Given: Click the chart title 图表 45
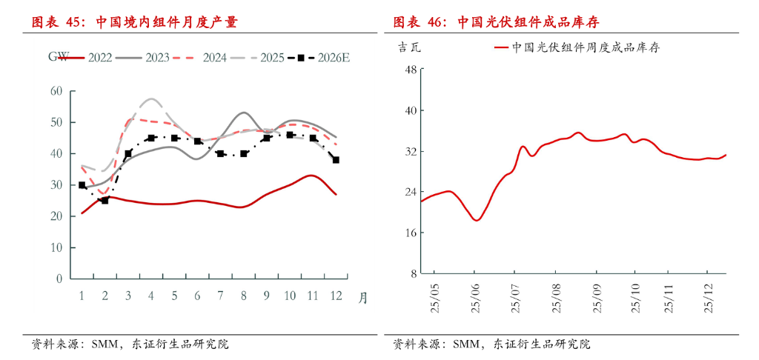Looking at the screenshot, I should [134, 21].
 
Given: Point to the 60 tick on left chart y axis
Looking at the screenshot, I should [56, 91].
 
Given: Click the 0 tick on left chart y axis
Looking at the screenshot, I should [59, 279].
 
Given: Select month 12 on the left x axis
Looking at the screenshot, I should [336, 296].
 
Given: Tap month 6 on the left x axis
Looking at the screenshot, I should [197, 296].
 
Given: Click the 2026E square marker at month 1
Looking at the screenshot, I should [82, 185].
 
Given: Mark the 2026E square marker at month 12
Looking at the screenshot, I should [336, 160].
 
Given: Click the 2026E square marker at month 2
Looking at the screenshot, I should [105, 201].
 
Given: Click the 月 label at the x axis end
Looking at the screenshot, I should [362, 298].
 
